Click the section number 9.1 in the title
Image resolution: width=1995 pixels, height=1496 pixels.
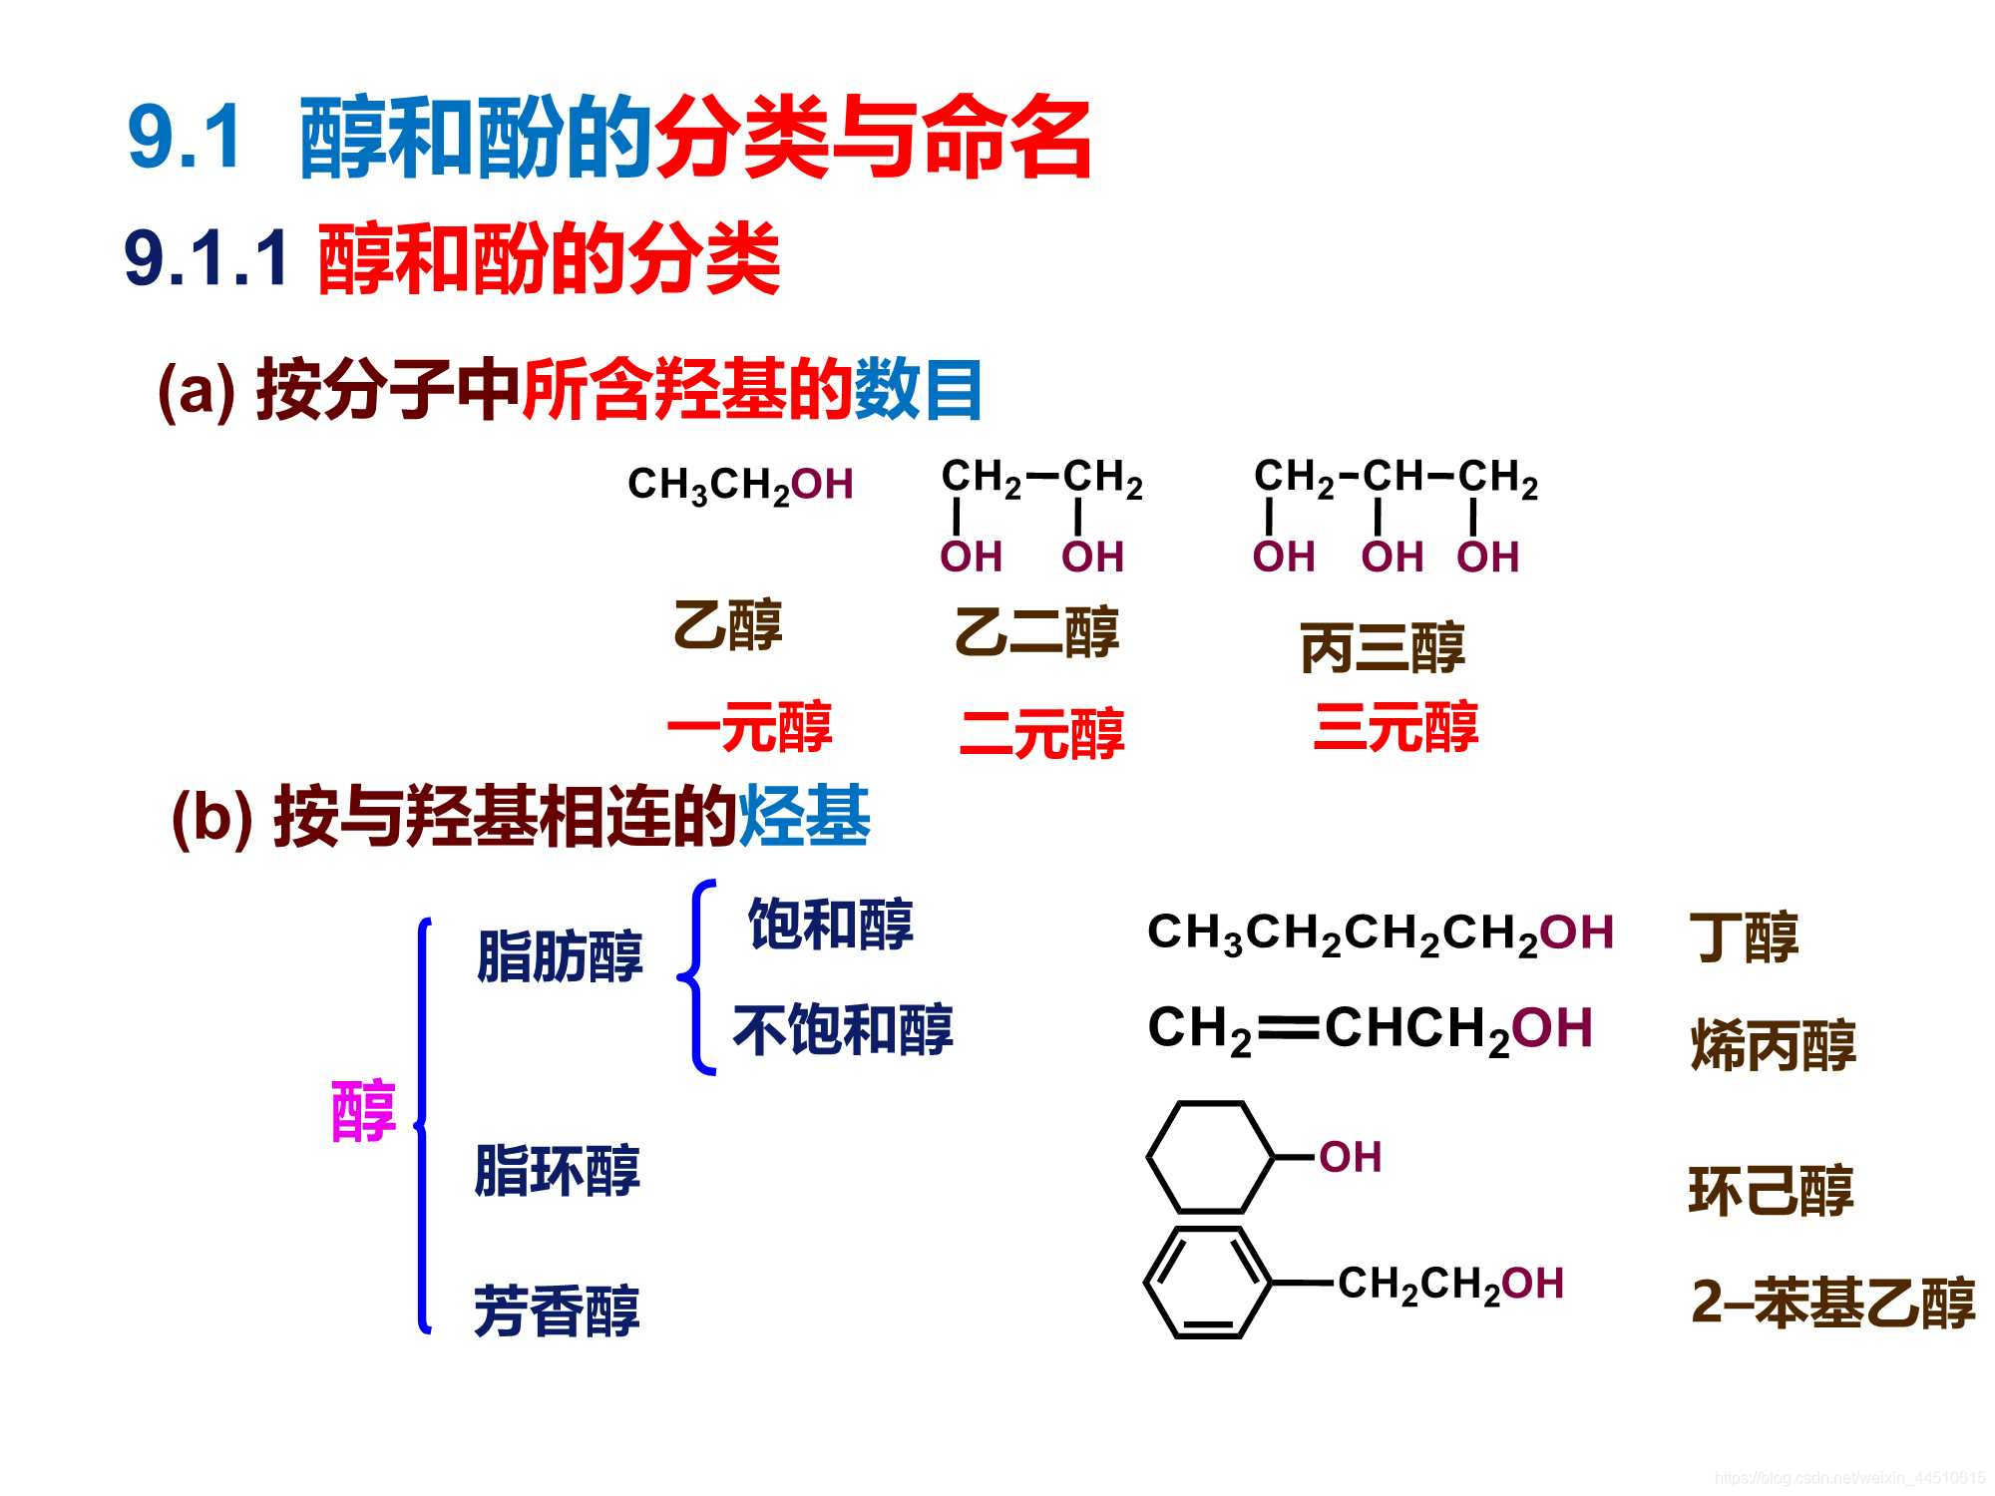[x=186, y=138]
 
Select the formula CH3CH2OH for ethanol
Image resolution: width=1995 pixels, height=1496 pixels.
[x=740, y=485]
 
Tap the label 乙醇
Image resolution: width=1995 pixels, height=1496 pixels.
[x=727, y=625]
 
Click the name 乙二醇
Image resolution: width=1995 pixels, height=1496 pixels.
[x=1036, y=632]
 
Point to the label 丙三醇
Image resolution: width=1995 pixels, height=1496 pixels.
[x=1382, y=647]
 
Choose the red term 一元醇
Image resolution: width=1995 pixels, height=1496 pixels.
[x=748, y=727]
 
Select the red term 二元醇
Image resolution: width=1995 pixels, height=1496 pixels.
[x=1041, y=733]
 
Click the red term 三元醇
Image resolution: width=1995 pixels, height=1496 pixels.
[x=1396, y=727]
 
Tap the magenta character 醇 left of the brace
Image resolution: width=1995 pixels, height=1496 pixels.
[x=363, y=1110]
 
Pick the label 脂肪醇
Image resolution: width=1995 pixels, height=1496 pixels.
[x=560, y=956]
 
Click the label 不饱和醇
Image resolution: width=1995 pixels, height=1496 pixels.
[x=843, y=1029]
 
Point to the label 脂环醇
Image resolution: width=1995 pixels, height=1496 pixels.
[x=557, y=1170]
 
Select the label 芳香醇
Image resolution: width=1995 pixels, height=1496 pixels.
[x=557, y=1309]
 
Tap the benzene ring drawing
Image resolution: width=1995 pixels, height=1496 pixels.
[x=1208, y=1283]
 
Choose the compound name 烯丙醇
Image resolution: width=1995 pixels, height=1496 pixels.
[x=1773, y=1045]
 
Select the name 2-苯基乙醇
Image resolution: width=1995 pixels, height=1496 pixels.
[x=1832, y=1303]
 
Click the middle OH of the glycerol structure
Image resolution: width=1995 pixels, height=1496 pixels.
[x=1392, y=557]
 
